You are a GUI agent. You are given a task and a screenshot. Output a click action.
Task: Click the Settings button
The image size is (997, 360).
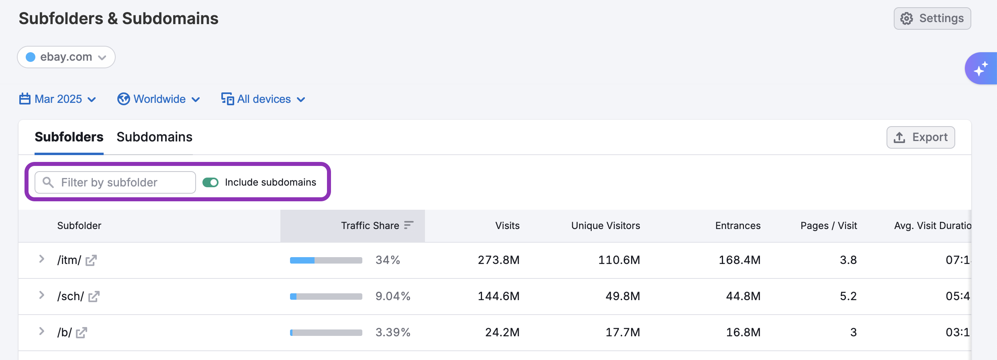click(932, 18)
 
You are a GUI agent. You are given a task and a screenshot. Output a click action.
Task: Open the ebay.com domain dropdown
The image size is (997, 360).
click(66, 57)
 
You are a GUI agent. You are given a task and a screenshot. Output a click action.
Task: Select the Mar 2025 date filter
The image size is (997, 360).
click(58, 99)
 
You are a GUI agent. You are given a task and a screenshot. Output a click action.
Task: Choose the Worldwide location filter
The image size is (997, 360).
click(159, 99)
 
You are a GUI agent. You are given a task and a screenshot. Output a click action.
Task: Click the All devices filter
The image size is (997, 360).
click(264, 99)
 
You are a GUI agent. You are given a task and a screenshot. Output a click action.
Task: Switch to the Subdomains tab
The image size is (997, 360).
click(154, 137)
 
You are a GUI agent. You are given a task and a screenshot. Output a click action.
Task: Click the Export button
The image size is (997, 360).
click(920, 137)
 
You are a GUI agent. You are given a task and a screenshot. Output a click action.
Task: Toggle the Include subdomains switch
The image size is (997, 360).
click(210, 182)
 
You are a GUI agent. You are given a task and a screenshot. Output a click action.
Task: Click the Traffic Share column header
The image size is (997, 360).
click(370, 226)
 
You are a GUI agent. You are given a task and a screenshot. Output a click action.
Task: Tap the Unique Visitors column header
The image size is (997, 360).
click(605, 226)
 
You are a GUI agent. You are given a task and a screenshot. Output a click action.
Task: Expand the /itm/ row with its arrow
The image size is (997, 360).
click(41, 259)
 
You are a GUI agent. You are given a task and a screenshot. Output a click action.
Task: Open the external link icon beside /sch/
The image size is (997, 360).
click(94, 297)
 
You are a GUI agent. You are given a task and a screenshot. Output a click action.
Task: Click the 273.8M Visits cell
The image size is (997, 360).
click(498, 260)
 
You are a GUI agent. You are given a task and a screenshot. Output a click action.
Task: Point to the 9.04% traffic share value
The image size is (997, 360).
click(392, 297)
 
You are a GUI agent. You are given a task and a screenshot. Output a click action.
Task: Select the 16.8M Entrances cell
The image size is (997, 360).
click(743, 333)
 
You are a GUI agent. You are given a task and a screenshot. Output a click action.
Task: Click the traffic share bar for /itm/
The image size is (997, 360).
click(326, 260)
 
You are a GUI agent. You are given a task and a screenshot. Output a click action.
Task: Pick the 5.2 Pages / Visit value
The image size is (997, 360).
click(848, 297)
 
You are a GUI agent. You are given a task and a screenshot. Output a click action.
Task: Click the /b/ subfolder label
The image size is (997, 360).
click(64, 333)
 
